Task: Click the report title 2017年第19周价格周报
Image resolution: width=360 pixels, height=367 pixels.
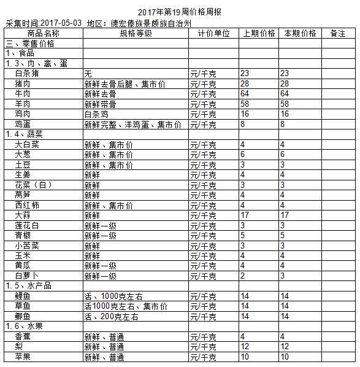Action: [x=180, y=12]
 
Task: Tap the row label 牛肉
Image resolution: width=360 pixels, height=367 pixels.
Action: [x=23, y=93]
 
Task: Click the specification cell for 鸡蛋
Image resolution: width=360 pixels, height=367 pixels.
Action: [x=132, y=124]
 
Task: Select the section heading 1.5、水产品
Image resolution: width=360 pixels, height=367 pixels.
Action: [x=29, y=286]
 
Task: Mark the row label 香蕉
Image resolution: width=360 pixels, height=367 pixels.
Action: [x=23, y=336]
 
